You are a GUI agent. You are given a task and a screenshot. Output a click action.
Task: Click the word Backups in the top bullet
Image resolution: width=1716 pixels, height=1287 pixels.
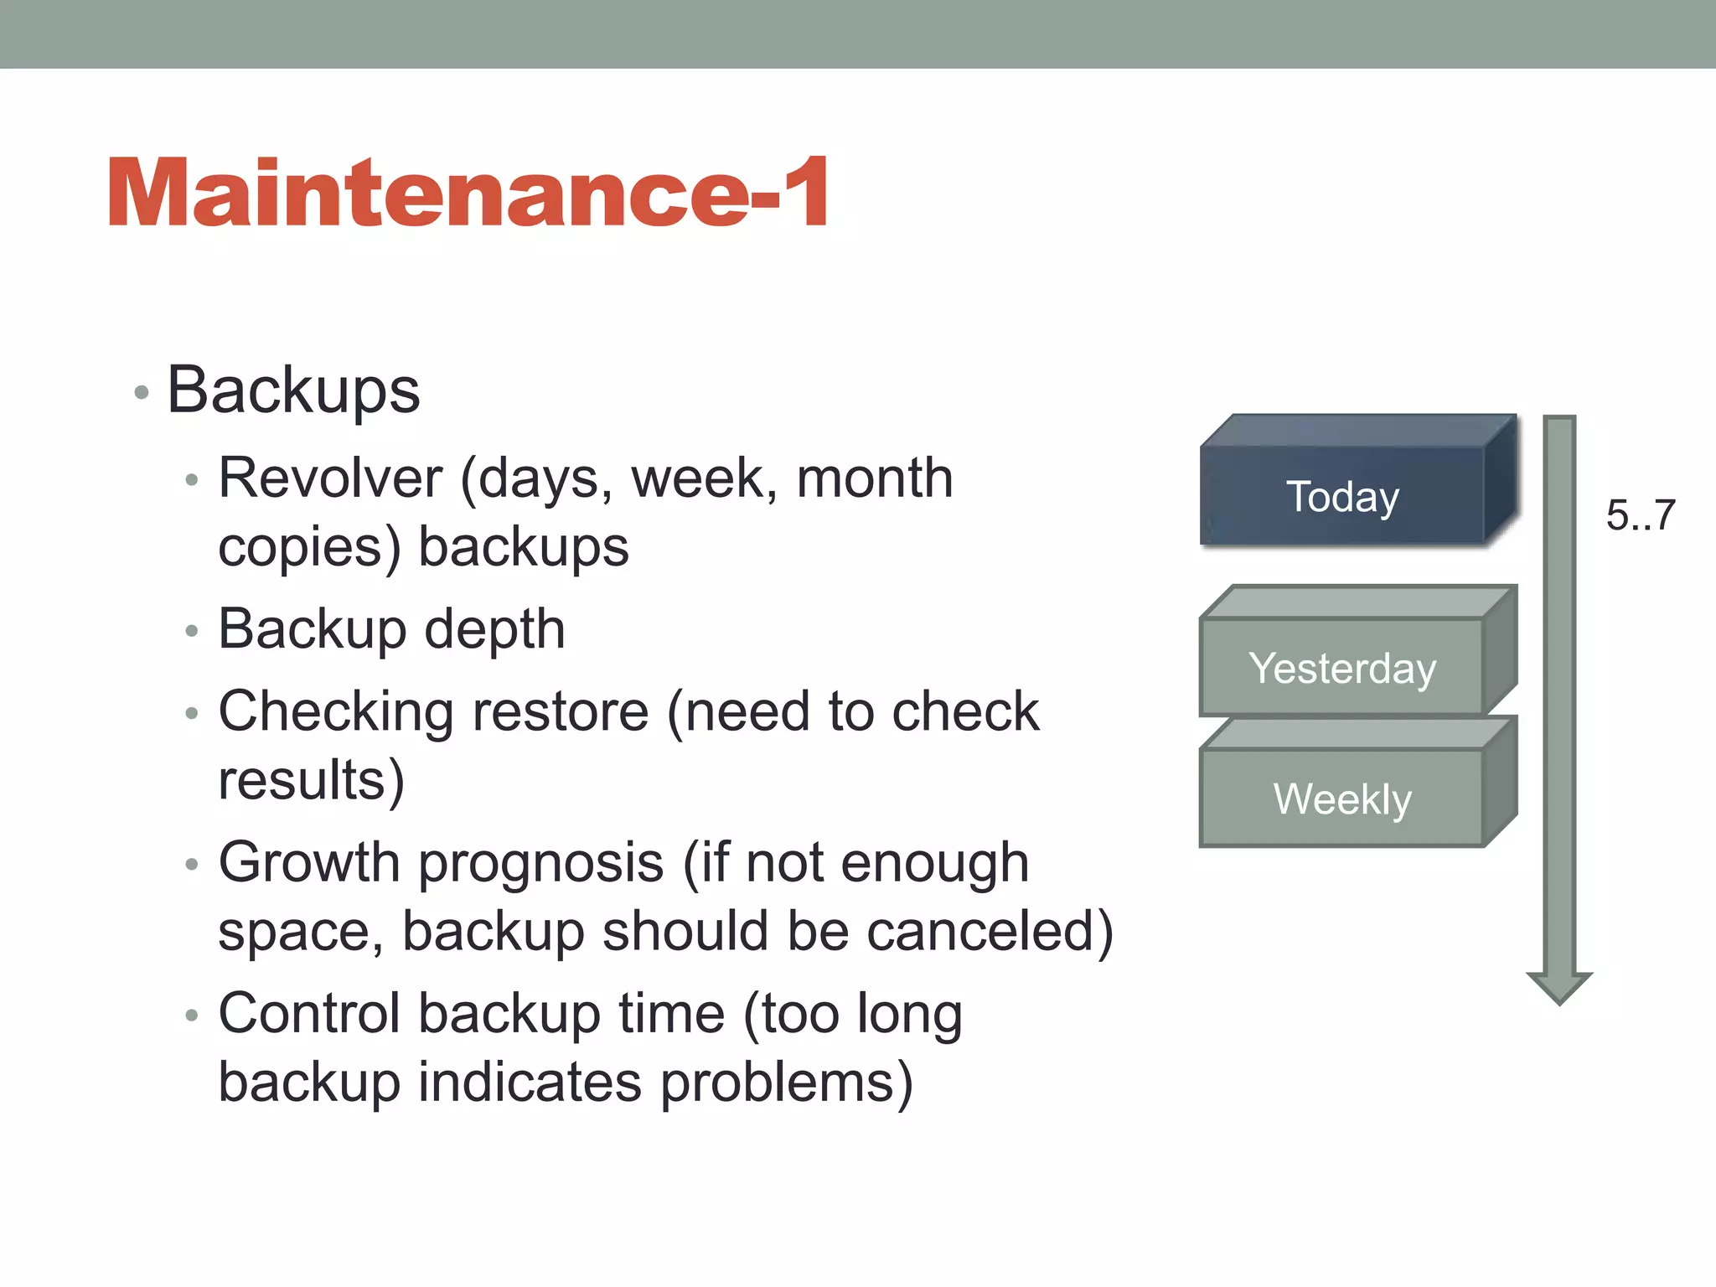point(293,390)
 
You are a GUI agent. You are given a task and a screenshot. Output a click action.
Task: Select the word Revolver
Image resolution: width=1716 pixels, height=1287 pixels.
point(330,478)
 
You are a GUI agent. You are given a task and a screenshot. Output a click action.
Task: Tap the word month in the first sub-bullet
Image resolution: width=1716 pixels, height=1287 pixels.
point(874,478)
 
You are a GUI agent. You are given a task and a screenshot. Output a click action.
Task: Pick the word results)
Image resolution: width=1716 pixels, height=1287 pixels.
point(311,781)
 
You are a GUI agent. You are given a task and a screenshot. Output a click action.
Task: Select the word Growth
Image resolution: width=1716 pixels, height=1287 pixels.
point(309,863)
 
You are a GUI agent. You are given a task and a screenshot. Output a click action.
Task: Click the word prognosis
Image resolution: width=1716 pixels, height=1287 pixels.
point(541,863)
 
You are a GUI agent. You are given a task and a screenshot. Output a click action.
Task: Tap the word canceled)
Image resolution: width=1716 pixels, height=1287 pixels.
point(990,932)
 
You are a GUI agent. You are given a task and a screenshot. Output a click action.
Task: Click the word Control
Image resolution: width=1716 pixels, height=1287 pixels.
point(309,1014)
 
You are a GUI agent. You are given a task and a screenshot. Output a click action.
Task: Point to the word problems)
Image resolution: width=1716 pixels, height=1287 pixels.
point(787,1083)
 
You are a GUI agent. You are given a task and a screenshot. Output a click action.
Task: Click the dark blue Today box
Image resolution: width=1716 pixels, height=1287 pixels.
point(1342,496)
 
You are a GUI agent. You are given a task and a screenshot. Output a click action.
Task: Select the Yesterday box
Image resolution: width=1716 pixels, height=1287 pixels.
point(1342,668)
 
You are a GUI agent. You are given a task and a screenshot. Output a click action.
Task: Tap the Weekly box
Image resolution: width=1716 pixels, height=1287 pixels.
point(1342,798)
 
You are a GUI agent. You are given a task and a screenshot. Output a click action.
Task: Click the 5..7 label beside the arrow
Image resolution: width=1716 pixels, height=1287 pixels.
point(1640,514)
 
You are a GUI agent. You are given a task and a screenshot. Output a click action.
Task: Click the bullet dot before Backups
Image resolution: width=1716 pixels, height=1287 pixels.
point(142,392)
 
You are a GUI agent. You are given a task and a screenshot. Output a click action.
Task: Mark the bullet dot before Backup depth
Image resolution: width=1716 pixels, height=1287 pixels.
point(192,631)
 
